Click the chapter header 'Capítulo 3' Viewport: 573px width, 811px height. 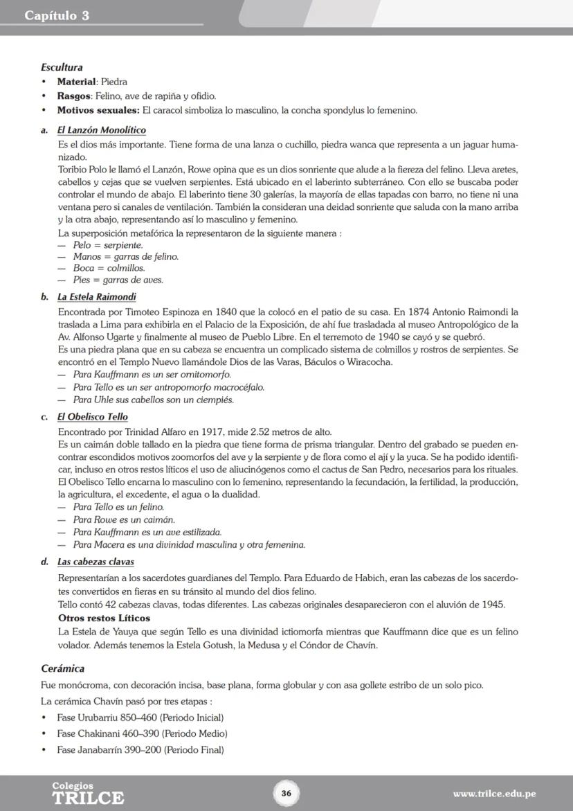[x=57, y=15]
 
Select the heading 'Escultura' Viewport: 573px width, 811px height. [x=62, y=67]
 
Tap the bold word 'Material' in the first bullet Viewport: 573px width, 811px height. [x=76, y=82]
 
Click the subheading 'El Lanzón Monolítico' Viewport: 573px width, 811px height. [x=101, y=130]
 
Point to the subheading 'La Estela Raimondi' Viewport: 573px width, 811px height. [x=96, y=297]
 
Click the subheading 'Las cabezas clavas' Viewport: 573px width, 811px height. [x=95, y=562]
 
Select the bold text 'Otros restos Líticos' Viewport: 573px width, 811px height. [x=104, y=618]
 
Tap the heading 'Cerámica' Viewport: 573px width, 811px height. [x=62, y=668]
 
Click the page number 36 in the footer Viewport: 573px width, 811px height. [x=286, y=793]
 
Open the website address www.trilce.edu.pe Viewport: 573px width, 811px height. [x=494, y=794]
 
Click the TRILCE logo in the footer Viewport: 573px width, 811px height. [x=88, y=794]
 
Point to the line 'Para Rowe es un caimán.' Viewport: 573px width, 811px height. [x=114, y=519]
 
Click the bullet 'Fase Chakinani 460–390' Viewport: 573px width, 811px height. [x=142, y=733]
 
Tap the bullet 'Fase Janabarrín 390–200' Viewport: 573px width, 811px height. [x=140, y=749]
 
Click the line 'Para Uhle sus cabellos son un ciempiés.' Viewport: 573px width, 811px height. [x=153, y=400]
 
